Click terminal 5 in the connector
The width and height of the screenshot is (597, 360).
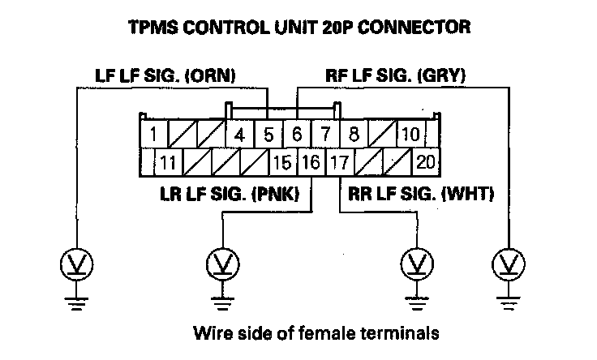point(268,133)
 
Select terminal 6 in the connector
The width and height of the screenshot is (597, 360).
point(297,133)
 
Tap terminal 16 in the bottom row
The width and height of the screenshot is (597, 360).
point(311,161)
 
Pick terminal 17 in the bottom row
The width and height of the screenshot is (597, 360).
point(339,161)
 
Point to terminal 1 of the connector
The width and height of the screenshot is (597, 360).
point(153,133)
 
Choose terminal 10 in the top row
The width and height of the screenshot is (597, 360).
point(410,133)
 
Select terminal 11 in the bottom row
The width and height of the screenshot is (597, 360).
point(168,161)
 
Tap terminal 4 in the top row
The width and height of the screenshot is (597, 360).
point(239,133)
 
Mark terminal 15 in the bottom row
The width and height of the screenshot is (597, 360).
point(282,161)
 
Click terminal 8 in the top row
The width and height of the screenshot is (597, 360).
point(354,133)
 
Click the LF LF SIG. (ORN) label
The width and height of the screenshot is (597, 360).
point(161,77)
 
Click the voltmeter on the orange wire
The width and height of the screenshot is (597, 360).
point(75,264)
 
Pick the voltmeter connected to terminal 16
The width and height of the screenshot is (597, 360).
point(221,264)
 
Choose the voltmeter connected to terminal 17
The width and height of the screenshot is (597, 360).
point(419,264)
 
